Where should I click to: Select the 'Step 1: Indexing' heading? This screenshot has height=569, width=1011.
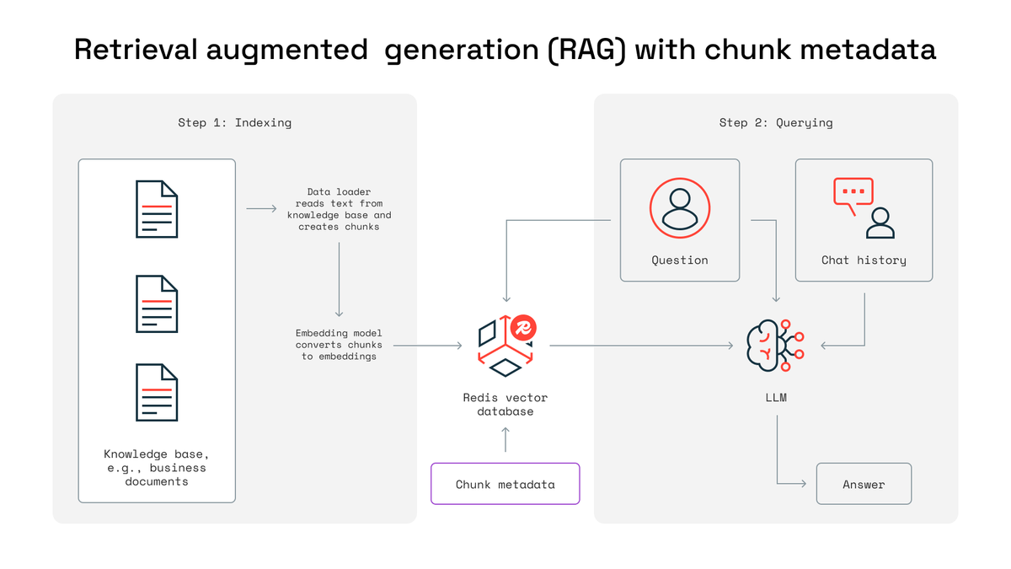[x=234, y=122]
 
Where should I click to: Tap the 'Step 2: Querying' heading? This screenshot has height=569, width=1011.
[x=775, y=122]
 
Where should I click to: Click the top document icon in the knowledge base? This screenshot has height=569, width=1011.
[x=157, y=208]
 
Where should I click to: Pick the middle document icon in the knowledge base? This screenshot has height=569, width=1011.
[x=157, y=303]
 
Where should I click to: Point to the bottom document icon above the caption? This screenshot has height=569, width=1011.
[x=157, y=392]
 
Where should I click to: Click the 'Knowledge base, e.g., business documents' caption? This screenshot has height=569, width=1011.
[x=155, y=467]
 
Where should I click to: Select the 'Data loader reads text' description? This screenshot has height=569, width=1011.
[x=339, y=209]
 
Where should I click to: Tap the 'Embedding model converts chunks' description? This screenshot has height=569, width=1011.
[x=339, y=345]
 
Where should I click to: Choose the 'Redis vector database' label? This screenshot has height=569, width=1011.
[x=505, y=404]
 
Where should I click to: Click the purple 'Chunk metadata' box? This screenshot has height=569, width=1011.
[x=505, y=484]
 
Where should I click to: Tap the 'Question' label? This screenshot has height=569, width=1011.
[x=679, y=260]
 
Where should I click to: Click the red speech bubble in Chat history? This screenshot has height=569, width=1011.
[x=853, y=193]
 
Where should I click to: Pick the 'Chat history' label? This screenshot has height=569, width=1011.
[x=864, y=260]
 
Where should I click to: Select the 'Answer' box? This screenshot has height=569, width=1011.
[x=864, y=484]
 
